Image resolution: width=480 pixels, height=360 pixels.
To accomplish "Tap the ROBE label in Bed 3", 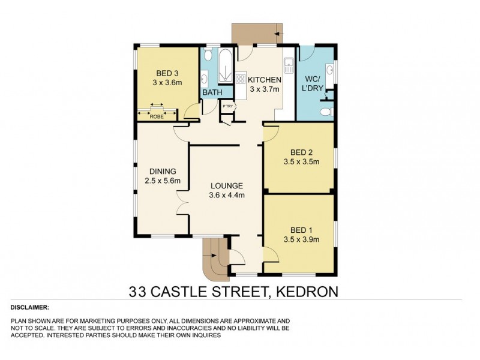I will [x=157, y=116].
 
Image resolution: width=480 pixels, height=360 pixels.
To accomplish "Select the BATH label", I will [x=212, y=93].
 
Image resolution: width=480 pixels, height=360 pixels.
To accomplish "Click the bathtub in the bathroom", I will [x=226, y=68].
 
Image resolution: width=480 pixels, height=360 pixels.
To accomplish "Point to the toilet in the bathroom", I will [x=207, y=56].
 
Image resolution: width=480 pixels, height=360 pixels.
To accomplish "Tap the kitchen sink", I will [x=288, y=62].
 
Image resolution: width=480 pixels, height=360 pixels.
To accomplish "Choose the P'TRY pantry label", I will [x=227, y=107].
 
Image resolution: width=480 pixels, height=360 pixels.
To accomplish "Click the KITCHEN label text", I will [x=265, y=80].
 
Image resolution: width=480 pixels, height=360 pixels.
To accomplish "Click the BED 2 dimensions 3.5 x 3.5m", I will [x=301, y=161].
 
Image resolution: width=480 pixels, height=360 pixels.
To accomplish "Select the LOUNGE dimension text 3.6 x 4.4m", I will [x=226, y=194].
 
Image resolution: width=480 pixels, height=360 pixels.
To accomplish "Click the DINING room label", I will [x=158, y=170].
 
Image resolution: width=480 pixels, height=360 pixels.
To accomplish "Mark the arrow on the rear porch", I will [x=277, y=34].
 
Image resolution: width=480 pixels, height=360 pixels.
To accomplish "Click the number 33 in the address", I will [x=139, y=293].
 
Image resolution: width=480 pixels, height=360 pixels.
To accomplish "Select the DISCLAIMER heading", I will [x=30, y=307].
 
